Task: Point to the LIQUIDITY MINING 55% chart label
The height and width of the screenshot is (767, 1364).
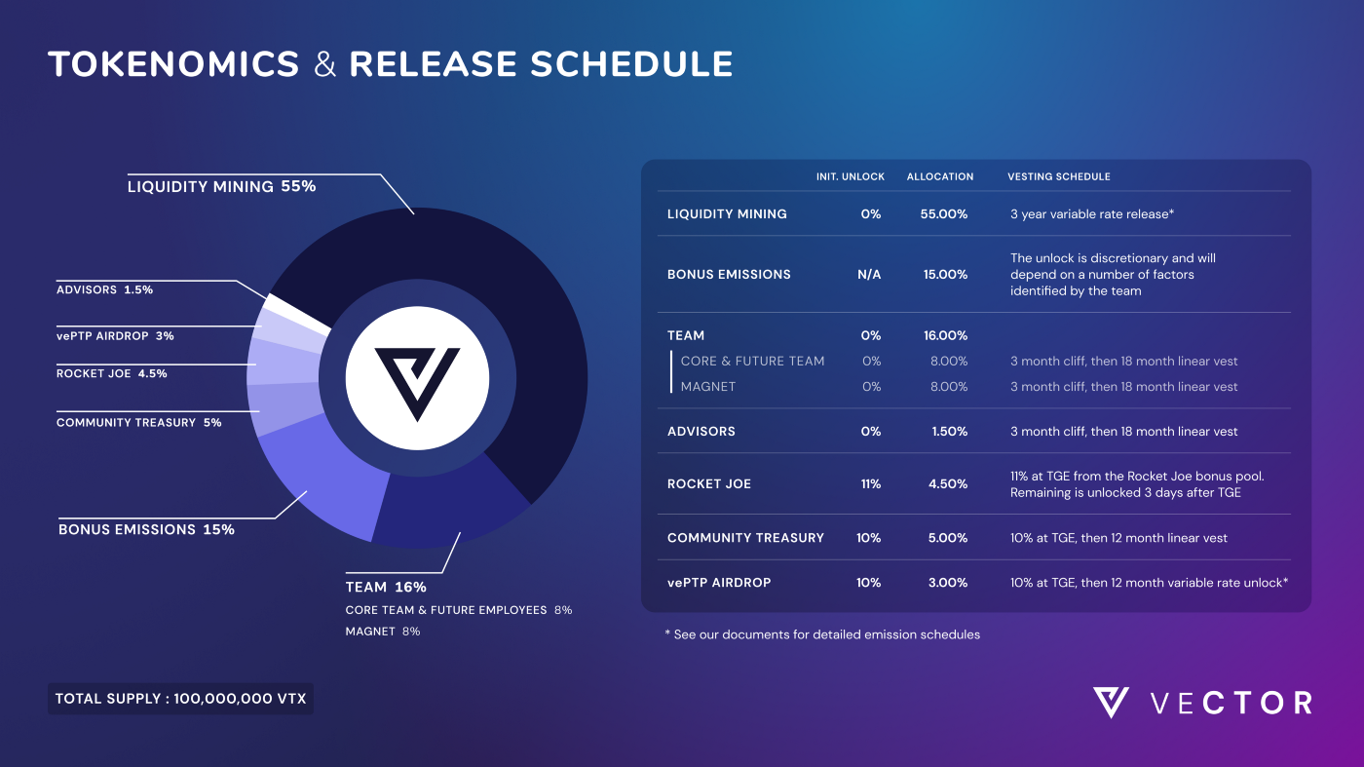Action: (x=221, y=186)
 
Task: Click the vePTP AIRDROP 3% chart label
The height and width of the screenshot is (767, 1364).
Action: (x=115, y=336)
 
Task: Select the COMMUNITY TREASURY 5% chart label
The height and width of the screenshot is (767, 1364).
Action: (x=138, y=423)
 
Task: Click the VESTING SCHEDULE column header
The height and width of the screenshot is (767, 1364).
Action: (x=1058, y=177)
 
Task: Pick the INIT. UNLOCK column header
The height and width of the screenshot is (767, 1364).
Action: (x=850, y=177)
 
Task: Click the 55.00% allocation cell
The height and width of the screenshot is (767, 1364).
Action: (x=945, y=214)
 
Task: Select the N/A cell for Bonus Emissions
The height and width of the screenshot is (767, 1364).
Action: (x=869, y=275)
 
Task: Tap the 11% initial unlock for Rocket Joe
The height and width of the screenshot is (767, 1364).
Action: (x=870, y=484)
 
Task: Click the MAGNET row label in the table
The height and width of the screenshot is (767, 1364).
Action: (x=707, y=387)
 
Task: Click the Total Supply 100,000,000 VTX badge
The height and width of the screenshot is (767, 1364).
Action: (x=180, y=699)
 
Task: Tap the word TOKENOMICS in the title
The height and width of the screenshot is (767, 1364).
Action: (x=173, y=64)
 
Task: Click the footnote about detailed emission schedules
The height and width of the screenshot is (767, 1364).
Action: (x=821, y=634)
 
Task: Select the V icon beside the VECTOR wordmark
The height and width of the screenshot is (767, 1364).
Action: (x=1111, y=703)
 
